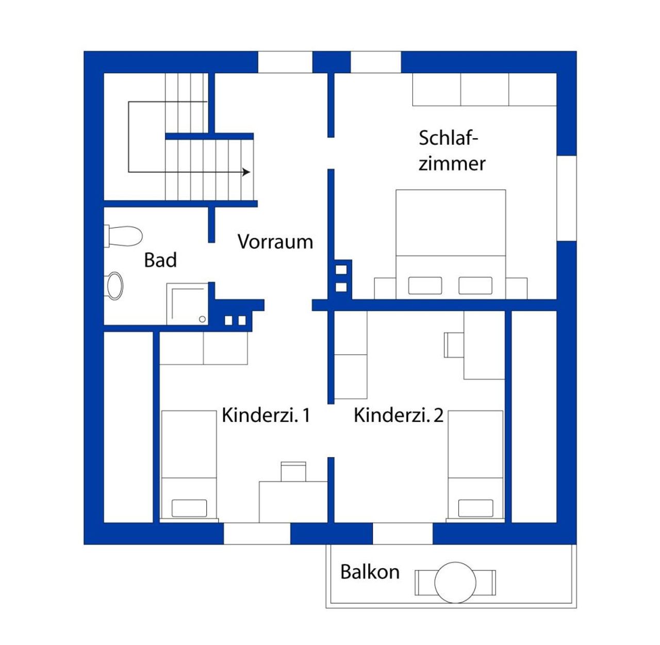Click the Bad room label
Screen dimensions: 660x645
[x=160, y=260]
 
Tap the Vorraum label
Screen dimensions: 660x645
[x=275, y=242]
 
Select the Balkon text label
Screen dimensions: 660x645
[x=370, y=572]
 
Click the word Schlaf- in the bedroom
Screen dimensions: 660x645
[x=448, y=138]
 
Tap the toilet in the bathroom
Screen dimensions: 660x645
[x=123, y=236]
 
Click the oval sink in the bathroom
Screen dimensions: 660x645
[x=114, y=286]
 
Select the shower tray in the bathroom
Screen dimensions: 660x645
[x=187, y=304]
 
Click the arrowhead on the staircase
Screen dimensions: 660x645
[x=246, y=172]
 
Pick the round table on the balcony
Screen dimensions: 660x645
[x=455, y=582]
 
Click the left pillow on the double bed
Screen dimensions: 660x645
[x=425, y=286]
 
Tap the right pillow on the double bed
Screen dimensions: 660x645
[x=475, y=286]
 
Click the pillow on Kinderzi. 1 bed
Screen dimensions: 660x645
[x=189, y=508]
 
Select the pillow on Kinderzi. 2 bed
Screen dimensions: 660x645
[x=475, y=508]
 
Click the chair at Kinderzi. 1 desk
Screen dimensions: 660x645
[x=293, y=471]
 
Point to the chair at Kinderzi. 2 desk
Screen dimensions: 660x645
[x=454, y=344]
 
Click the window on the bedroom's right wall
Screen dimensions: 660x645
[x=567, y=199]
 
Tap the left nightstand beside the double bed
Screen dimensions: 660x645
[x=385, y=288]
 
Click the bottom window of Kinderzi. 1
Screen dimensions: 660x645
[x=257, y=534]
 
